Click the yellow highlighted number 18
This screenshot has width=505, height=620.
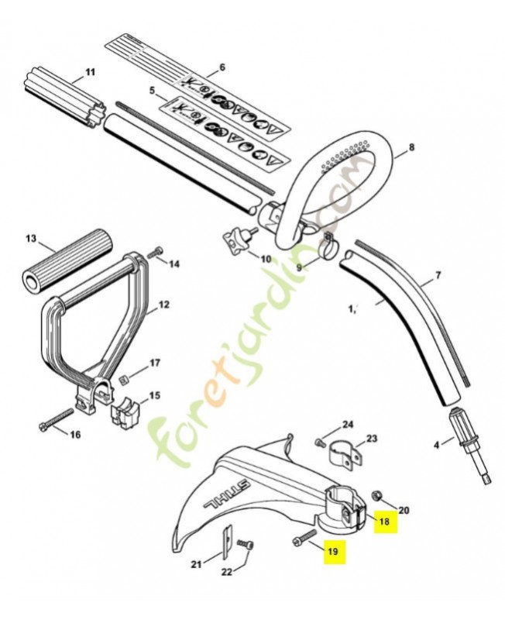point(385,522)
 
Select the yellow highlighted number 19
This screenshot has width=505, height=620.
point(333,552)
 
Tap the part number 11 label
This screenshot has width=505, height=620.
point(90,73)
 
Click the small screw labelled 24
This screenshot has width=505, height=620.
point(319,442)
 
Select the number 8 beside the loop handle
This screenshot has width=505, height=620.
point(412,146)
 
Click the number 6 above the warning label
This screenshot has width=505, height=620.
point(222,67)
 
